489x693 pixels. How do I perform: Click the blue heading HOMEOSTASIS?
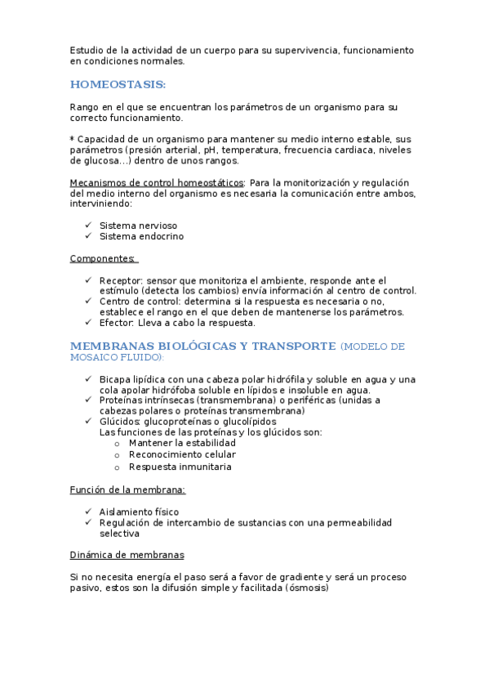click(x=118, y=84)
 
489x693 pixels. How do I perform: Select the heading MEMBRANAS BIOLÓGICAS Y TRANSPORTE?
click(x=202, y=346)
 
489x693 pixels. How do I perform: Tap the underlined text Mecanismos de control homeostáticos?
click(x=156, y=182)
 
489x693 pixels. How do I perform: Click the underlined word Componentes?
click(x=103, y=259)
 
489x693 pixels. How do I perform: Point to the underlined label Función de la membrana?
click(x=127, y=490)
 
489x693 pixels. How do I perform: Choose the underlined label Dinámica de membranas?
click(x=127, y=555)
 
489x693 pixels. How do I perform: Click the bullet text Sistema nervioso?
click(x=138, y=226)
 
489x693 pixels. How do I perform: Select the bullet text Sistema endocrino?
click(x=141, y=237)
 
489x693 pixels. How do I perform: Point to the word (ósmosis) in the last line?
click(x=306, y=588)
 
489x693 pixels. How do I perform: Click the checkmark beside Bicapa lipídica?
click(x=88, y=379)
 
